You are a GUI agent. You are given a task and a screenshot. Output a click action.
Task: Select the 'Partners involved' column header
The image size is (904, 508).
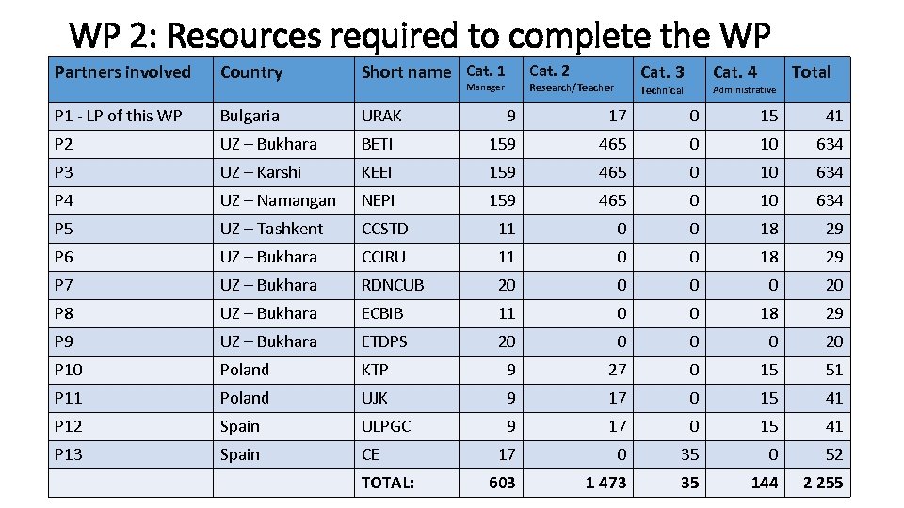122,72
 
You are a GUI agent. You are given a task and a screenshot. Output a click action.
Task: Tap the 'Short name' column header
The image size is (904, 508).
406,72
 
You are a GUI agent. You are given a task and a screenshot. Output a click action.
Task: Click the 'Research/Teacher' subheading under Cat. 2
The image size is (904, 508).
571,88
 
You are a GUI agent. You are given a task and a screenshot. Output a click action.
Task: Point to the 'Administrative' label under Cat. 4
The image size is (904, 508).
744,90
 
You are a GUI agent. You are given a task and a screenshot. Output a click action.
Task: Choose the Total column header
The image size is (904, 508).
810,72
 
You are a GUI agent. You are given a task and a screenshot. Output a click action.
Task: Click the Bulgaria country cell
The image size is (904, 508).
250,116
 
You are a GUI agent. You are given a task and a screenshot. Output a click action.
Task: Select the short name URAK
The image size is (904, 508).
381,116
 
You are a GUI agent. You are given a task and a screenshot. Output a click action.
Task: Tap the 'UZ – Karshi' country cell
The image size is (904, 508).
261,172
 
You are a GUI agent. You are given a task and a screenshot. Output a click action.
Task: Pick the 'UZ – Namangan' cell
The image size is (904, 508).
277,200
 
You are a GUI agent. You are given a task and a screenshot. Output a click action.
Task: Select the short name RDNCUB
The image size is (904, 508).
393,285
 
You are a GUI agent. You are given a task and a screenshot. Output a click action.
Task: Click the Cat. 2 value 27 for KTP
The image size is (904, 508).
617,370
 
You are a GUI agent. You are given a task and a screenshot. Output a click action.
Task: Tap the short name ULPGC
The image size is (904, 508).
386,426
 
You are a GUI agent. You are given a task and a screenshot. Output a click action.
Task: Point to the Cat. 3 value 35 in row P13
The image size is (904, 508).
690,454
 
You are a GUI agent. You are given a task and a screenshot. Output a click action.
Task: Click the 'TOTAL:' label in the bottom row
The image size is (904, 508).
388,483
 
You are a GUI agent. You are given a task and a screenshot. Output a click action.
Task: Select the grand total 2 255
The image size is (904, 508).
822,483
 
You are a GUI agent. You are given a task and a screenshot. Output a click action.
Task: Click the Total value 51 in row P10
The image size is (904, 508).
833,370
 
